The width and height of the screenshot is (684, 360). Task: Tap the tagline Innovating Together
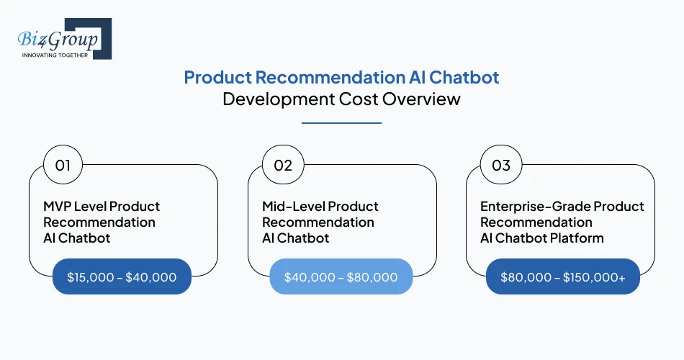(55, 55)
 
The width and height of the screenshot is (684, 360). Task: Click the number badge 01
(63, 166)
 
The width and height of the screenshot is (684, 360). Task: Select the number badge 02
(283, 166)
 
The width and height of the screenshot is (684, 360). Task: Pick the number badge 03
(501, 166)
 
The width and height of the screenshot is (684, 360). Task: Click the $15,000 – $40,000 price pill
(122, 277)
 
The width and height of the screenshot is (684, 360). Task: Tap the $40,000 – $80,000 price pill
(341, 277)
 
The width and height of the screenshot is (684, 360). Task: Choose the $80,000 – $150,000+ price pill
(562, 277)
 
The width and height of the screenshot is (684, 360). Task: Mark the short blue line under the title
(341, 123)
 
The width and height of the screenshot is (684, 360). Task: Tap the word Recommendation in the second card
(318, 222)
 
